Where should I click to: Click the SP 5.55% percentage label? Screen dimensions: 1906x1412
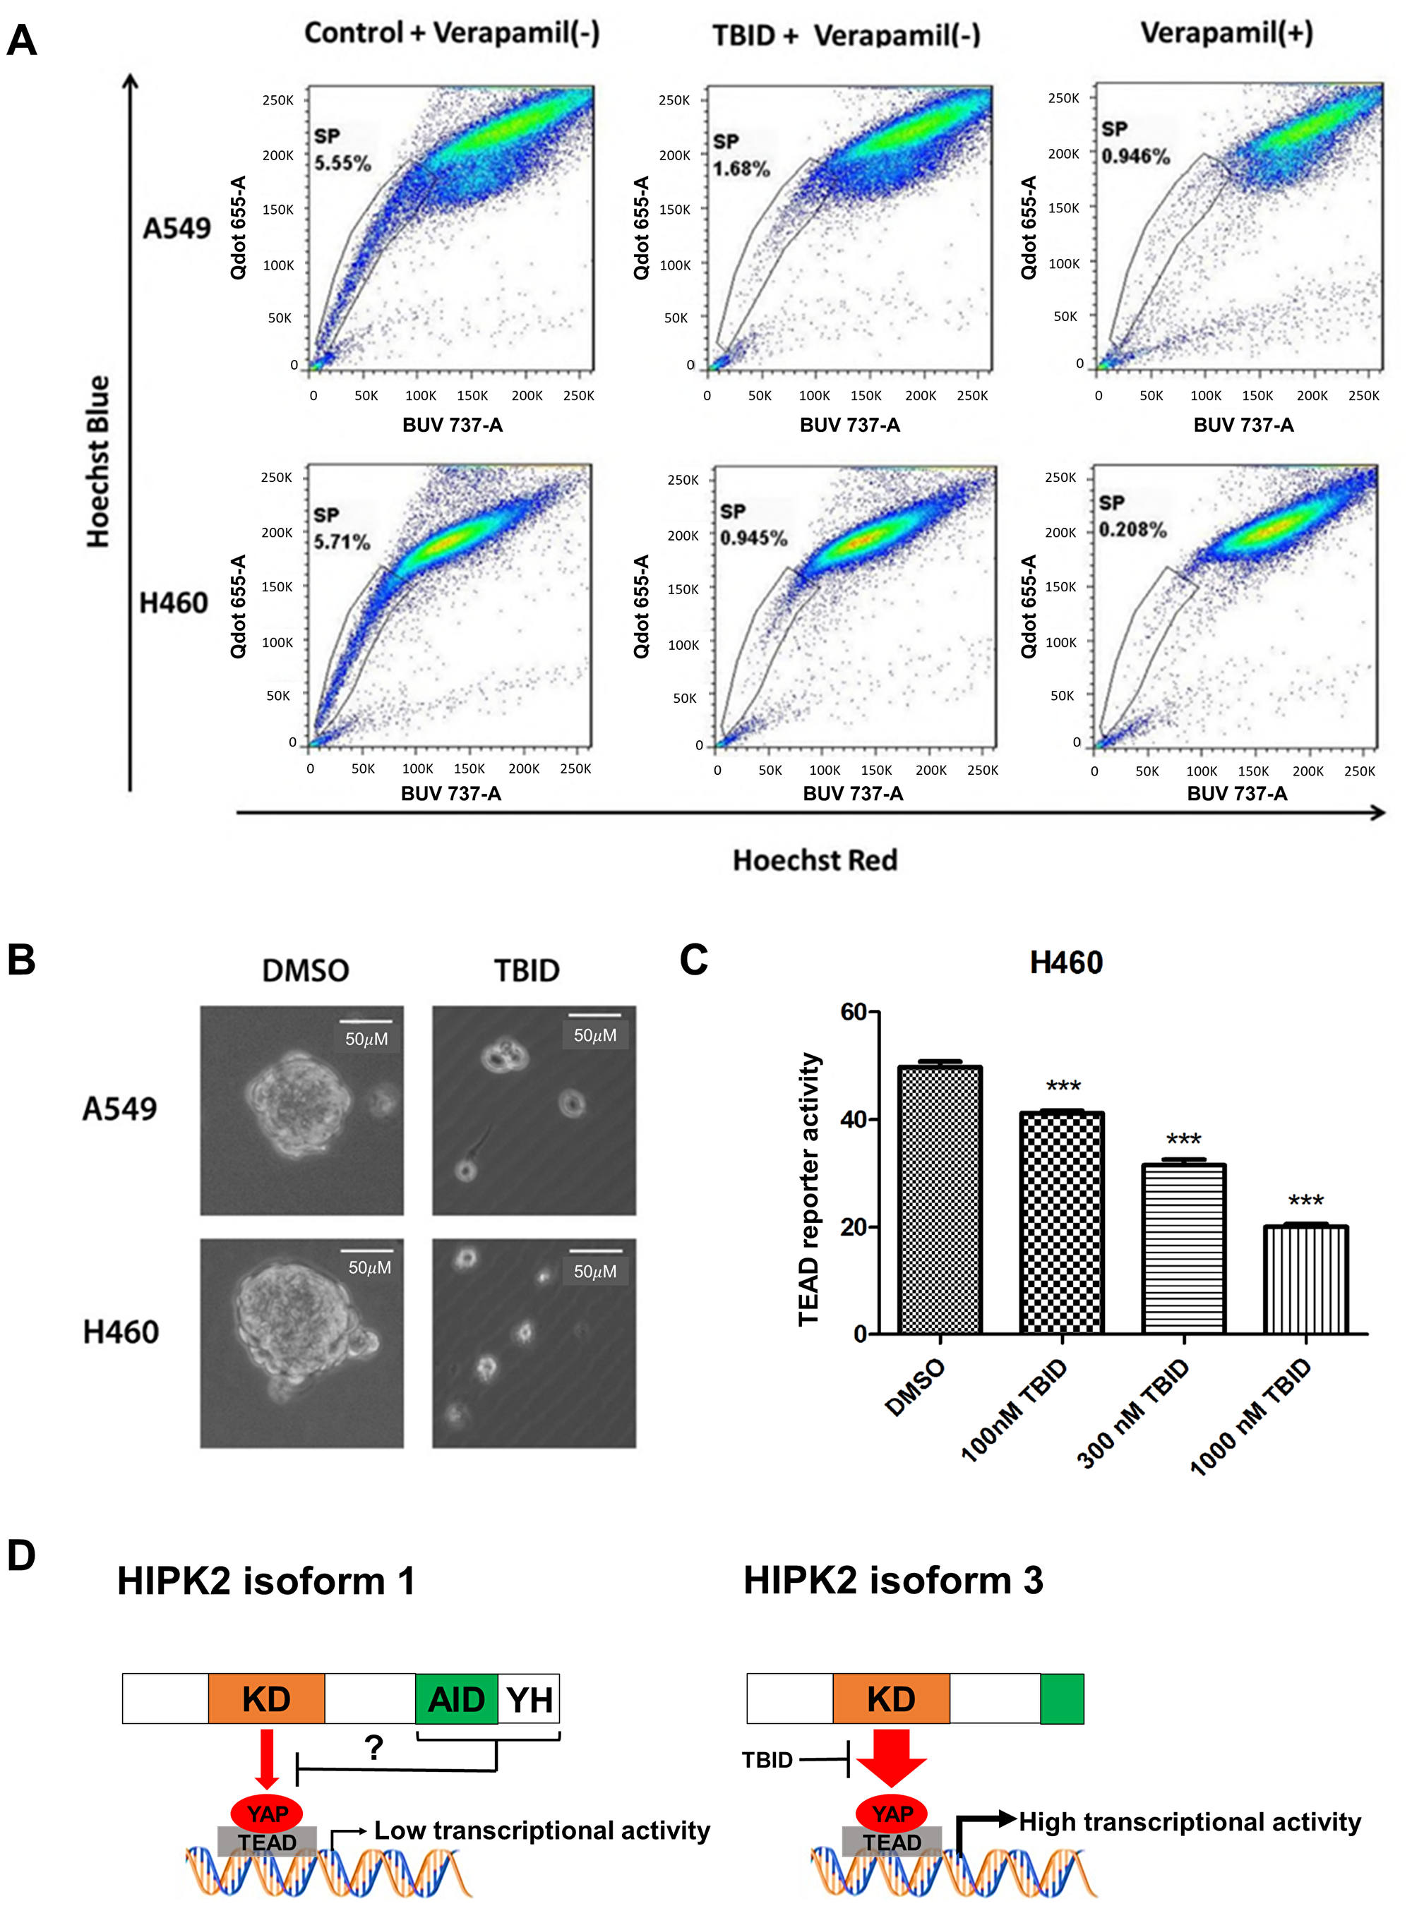coord(342,163)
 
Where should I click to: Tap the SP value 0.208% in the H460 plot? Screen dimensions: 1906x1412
coord(1132,530)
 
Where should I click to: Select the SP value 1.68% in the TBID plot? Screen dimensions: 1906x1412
coord(741,169)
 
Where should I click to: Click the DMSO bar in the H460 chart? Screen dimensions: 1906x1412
coord(940,1200)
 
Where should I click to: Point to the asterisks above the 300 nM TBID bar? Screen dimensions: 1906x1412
coord(1183,1140)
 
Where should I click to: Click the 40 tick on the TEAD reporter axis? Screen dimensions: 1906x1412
coord(853,1119)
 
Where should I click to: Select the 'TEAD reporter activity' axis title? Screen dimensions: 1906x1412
coord(808,1189)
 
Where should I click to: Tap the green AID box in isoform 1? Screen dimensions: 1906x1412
coord(455,1699)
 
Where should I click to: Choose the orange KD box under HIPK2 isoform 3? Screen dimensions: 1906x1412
coord(891,1699)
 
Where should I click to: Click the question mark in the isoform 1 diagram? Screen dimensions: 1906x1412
coord(373,1747)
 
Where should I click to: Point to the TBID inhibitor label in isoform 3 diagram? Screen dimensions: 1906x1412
coord(767,1760)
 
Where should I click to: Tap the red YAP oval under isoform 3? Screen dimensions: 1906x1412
coord(892,1813)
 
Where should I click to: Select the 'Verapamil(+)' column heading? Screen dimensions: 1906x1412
coord(1226,32)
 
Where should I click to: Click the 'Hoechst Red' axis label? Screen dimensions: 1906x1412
coord(815,859)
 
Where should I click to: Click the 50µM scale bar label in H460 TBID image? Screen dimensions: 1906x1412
coord(595,1271)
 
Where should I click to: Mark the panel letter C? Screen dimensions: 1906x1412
coord(693,960)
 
